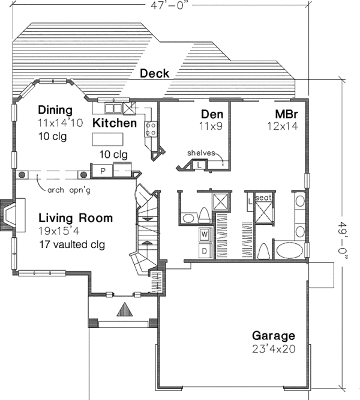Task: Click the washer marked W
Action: (x=205, y=234)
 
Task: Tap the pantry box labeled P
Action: (x=103, y=171)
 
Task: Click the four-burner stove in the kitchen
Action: (x=151, y=127)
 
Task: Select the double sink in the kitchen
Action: (x=113, y=108)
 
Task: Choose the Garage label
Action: (x=273, y=336)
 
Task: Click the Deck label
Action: (x=154, y=73)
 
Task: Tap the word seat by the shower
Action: (x=263, y=197)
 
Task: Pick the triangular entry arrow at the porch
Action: (x=124, y=310)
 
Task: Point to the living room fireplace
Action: (x=10, y=216)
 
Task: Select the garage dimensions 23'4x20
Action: (x=273, y=348)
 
